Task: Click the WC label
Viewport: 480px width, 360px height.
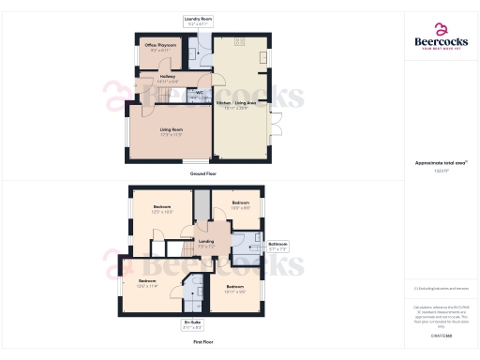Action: pos(199,92)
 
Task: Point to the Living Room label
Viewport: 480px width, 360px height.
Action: pos(170,130)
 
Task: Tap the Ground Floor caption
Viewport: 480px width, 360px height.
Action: pos(203,173)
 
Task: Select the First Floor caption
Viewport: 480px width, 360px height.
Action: pos(203,342)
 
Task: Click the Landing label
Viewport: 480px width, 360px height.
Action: pos(207,244)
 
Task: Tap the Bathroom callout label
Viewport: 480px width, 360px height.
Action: pos(278,246)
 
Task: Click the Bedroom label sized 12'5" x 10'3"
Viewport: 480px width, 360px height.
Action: pos(161,209)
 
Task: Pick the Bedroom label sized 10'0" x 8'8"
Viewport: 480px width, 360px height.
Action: pos(240,203)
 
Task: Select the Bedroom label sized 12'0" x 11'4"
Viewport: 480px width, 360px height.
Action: pos(147,283)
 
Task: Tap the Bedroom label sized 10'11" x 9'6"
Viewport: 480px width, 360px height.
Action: pos(234,289)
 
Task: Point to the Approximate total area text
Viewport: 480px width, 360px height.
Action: pos(441,164)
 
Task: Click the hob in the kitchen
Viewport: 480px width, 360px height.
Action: pos(240,41)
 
